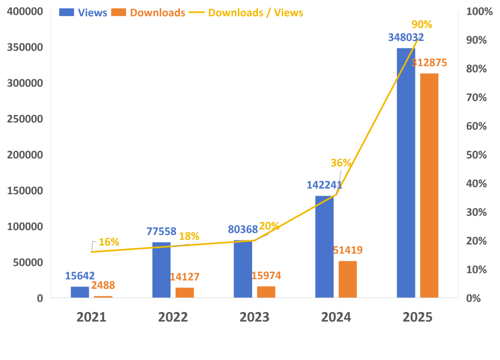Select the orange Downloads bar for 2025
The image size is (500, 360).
pos(429,185)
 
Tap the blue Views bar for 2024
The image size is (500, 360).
pos(324,247)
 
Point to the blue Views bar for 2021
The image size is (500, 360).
pos(80,292)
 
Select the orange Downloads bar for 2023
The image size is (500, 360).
pos(266,292)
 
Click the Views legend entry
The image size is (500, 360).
pos(83,13)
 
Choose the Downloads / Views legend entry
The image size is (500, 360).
pos(246,13)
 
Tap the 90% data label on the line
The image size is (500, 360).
pos(422,24)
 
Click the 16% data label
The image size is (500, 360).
pos(109,242)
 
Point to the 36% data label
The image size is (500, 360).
pos(340,163)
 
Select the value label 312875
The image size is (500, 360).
pos(429,63)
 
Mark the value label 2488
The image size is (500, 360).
pos(103,285)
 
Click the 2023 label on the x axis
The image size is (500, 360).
pos(255,317)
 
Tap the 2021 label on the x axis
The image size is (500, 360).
pos(91,317)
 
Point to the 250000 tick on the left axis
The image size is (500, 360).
pos(25,119)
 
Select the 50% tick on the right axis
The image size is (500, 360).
pos(476,155)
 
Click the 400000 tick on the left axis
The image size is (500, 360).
pos(25,11)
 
